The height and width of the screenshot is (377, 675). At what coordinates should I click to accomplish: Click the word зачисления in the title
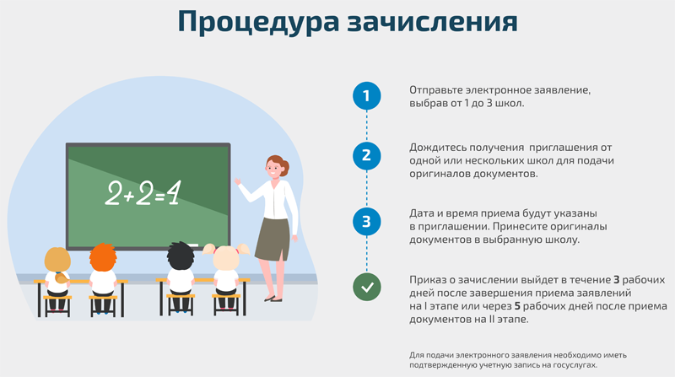432,23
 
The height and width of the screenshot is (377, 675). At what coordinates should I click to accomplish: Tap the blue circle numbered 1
367,95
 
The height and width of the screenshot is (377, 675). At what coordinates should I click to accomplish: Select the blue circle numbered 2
367,155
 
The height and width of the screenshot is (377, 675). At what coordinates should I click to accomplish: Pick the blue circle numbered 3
367,221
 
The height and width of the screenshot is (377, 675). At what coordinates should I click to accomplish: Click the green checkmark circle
367,287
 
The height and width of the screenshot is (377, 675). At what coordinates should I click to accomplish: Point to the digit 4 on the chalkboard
174,192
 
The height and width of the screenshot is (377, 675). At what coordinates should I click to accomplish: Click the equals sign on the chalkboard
159,197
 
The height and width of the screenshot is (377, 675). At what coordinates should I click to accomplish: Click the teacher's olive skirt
273,240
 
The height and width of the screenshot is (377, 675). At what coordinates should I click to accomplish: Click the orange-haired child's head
103,258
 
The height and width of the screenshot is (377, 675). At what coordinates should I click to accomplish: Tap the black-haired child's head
181,256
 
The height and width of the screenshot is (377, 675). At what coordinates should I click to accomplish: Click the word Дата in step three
421,213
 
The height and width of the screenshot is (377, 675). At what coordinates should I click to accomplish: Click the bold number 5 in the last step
517,306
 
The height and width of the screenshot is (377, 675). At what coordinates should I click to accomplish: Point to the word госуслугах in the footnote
575,365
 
